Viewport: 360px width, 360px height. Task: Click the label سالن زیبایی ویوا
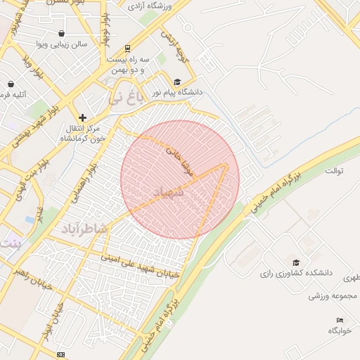point(63,44)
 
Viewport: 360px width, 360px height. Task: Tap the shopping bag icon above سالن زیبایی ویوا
point(62,33)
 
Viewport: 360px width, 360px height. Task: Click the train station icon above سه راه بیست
point(127,49)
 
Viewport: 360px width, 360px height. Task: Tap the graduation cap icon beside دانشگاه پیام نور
point(177,82)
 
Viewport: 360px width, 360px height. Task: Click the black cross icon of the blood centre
point(83,117)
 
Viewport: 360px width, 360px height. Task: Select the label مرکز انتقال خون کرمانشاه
point(82,133)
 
